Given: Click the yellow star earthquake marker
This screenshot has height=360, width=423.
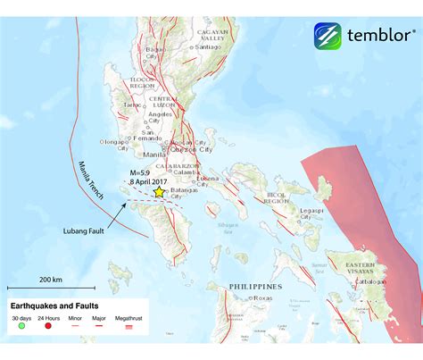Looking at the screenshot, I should pos(160,191).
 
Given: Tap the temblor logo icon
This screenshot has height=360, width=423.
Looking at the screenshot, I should pos(328,37).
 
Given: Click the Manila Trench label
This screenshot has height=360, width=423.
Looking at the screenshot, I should pos(88,180).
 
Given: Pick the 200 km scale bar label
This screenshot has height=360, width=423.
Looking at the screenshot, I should pos(51,280).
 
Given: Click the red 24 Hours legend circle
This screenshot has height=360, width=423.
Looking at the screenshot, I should pos(50,329).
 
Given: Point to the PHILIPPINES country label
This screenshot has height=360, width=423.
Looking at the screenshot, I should pos(255,286).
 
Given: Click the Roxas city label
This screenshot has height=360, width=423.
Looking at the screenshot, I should pos(263,298).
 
